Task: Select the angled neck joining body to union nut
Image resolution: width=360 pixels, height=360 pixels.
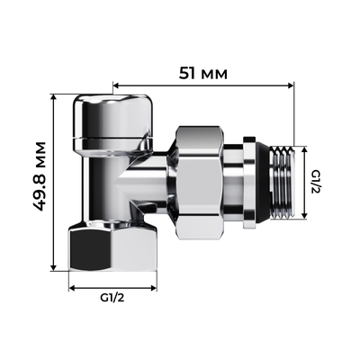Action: click(x=157, y=175)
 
